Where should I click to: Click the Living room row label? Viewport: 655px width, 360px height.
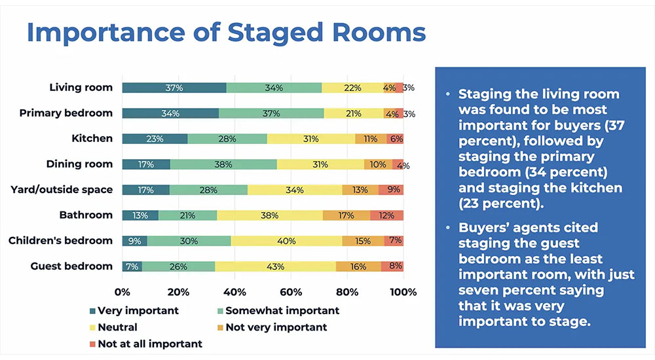81,87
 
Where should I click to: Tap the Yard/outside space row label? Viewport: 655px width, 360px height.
62,190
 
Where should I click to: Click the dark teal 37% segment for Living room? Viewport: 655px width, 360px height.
174,88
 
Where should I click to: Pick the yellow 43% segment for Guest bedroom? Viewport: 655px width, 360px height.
275,266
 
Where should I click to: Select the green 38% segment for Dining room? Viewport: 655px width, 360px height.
223,164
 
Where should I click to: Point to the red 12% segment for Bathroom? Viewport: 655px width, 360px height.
386,215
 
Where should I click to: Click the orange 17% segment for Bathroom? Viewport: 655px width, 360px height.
346,215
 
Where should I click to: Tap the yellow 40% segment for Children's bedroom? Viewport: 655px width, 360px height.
286,241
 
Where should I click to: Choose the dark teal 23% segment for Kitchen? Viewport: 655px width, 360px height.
155,139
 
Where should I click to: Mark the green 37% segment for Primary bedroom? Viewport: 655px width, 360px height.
271,113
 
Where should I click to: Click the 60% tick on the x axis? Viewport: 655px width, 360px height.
291,292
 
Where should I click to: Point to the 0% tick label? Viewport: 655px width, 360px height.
122,292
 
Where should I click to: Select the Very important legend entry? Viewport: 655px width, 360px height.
137,311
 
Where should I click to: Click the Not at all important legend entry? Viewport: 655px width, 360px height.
149,344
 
